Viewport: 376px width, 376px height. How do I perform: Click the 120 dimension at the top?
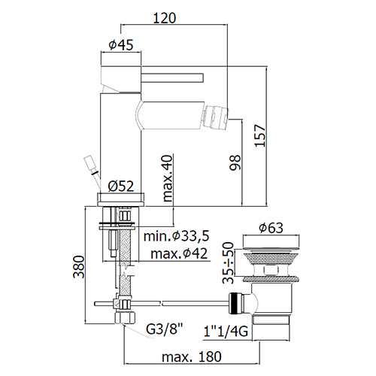coord(164,18)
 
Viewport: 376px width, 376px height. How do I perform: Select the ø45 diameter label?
coord(121,45)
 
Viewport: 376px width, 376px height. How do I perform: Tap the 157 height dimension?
coord(259,135)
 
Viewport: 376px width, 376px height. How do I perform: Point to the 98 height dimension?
coord(235,162)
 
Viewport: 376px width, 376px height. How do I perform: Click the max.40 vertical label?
coord(168,178)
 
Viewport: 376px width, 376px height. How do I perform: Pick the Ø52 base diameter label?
coord(121,186)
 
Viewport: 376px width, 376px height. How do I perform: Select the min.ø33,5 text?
coord(176,236)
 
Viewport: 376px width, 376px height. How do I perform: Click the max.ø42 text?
coord(179,253)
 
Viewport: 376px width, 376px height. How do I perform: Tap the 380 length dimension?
coord(79,267)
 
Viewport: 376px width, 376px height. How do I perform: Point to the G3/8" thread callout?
coord(165,329)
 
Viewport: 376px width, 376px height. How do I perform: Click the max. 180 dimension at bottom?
coord(192,356)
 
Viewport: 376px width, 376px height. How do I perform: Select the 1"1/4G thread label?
coord(226,332)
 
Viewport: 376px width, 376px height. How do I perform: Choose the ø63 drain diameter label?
coord(271,228)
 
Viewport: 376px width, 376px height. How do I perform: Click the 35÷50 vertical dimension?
coord(228,262)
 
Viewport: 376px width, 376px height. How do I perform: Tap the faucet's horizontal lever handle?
coord(172,77)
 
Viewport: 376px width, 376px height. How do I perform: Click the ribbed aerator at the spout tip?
coord(217,117)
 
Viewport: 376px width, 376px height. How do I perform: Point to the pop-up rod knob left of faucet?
coord(89,165)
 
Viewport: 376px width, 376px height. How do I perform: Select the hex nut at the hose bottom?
coord(125,317)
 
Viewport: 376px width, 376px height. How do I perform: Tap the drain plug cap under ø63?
coord(271,242)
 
